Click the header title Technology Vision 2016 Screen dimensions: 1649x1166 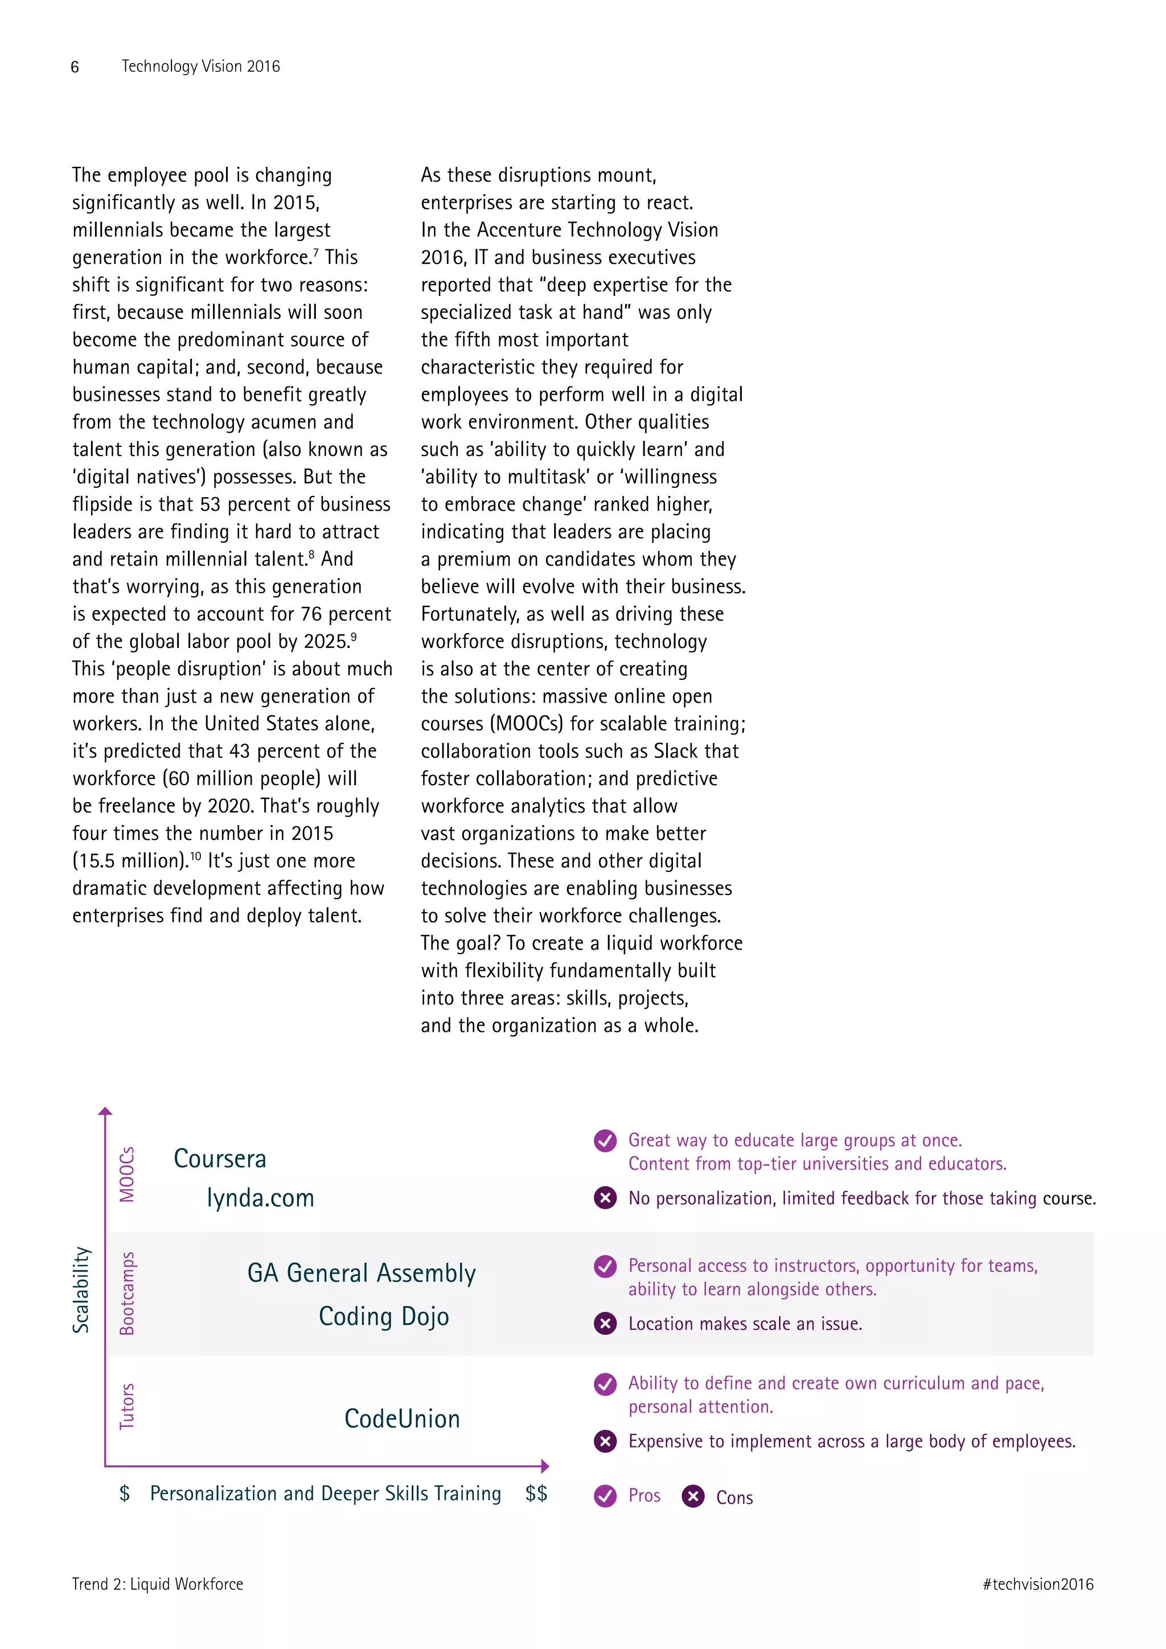pos(200,66)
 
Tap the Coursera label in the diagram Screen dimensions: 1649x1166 pos(220,1159)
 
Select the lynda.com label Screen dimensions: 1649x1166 pos(260,1198)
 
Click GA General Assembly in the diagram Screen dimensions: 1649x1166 pos(361,1273)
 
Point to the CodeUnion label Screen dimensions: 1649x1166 pos(402,1419)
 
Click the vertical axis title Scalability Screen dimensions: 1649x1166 pos(81,1290)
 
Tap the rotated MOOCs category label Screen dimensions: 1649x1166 pos(127,1174)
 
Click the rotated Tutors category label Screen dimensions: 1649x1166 pos(127,1406)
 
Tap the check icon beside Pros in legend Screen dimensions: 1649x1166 pos(605,1496)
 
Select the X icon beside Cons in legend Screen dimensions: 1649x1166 pos(693,1496)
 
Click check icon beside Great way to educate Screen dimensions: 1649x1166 pos(605,1141)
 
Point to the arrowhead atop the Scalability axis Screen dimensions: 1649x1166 pos(105,1111)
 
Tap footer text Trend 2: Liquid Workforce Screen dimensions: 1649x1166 pos(157,1584)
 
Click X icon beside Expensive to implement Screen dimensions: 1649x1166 pos(605,1441)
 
